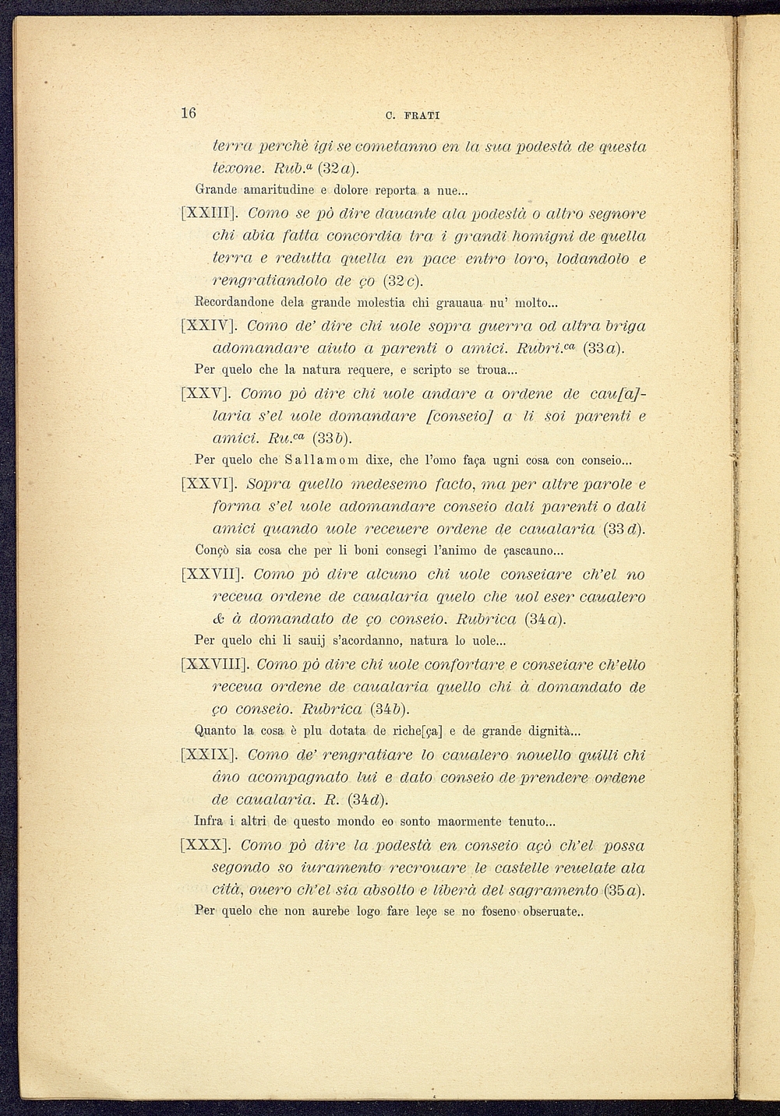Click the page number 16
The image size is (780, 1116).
(x=188, y=113)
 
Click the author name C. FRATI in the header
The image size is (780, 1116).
(x=413, y=116)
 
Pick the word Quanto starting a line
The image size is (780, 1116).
(x=215, y=731)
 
